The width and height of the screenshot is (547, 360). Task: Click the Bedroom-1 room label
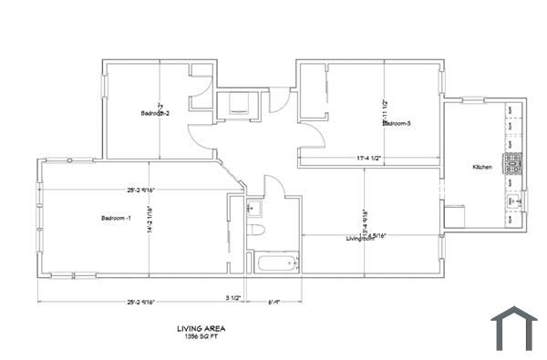[x=117, y=218]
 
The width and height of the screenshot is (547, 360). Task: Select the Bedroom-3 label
[x=397, y=123]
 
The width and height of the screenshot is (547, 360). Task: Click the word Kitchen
[x=482, y=168]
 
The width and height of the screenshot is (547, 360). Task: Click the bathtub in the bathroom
[x=276, y=265]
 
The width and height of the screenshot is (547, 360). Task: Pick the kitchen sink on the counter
[x=514, y=202]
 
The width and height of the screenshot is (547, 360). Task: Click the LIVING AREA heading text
[x=201, y=328]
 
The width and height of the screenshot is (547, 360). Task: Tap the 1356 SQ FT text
[x=201, y=337]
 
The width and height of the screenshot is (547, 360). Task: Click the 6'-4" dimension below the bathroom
[x=273, y=302]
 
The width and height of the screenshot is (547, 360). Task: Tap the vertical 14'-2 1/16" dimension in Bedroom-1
[x=150, y=218]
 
